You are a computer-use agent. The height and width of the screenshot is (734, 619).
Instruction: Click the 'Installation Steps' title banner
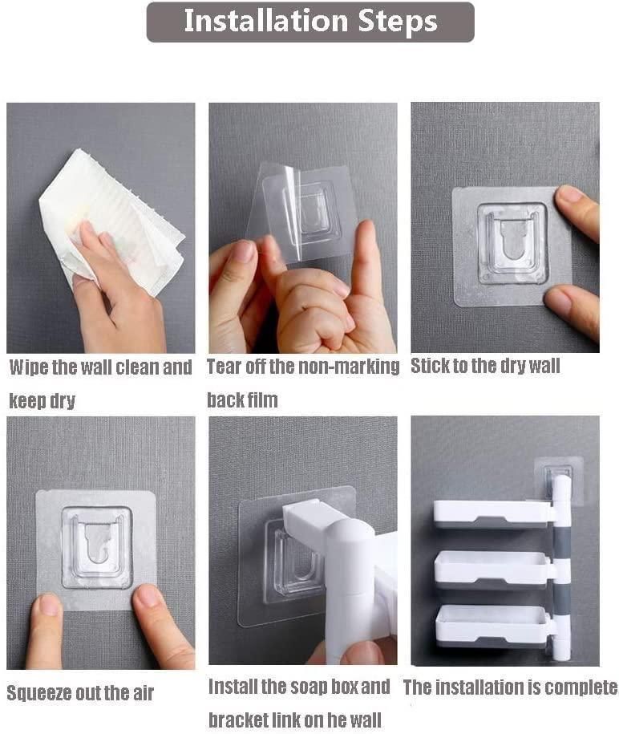coord(309,22)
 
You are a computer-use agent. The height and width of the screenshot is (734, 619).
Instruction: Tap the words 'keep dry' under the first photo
coord(42,400)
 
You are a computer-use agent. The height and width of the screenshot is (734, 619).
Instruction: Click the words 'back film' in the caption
coord(242,399)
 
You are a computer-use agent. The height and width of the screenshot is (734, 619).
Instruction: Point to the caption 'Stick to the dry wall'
coord(485,367)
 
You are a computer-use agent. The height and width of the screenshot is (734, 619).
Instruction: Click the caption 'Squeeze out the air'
coord(80,692)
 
